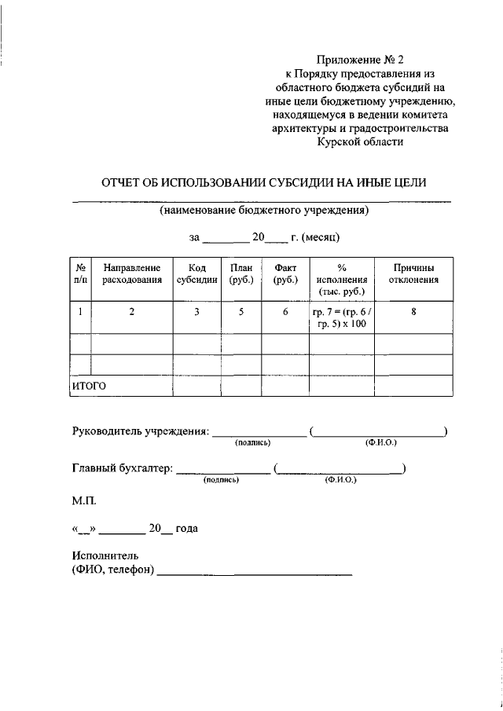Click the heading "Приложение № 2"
tap(358, 59)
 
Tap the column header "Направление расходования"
tap(132, 273)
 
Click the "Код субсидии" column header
tap(197, 273)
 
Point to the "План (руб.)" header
tap(240, 273)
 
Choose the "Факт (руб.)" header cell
tap(285, 273)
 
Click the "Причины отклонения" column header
tap(413, 273)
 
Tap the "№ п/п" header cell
tap(80, 273)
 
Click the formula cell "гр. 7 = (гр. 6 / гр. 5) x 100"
tap(341, 318)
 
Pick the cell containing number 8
tap(413, 312)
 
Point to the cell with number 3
tap(197, 312)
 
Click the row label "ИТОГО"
tap(89, 386)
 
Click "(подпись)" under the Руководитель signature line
tap(252, 443)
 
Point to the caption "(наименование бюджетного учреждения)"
tap(263, 211)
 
